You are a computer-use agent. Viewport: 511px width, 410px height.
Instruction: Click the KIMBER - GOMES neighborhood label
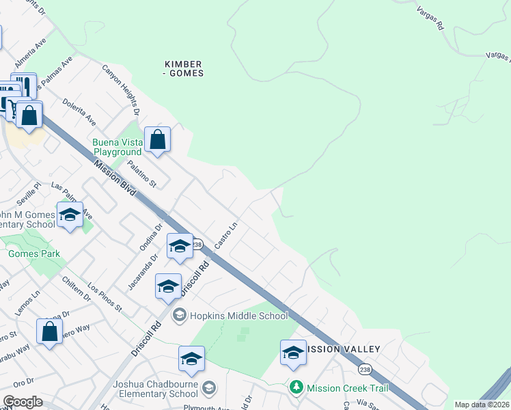184,68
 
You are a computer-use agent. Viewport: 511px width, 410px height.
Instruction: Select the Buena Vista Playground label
118,147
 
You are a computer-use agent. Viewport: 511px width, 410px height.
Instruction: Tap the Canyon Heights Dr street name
121,89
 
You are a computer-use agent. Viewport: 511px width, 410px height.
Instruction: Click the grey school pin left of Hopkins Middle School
180,315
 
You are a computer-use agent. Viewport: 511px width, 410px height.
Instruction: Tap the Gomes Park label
34,254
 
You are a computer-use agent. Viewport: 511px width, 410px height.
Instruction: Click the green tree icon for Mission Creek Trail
296,387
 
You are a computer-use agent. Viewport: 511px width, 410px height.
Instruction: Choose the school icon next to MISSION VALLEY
293,353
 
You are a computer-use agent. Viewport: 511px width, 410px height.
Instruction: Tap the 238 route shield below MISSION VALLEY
363,369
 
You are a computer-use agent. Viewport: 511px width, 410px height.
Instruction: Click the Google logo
23,402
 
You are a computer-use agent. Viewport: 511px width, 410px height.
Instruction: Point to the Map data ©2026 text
482,405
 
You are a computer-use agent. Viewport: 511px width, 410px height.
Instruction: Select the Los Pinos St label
105,299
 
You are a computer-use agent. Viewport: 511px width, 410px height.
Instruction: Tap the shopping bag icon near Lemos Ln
49,333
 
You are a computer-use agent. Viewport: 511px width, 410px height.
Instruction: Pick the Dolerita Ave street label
81,109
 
